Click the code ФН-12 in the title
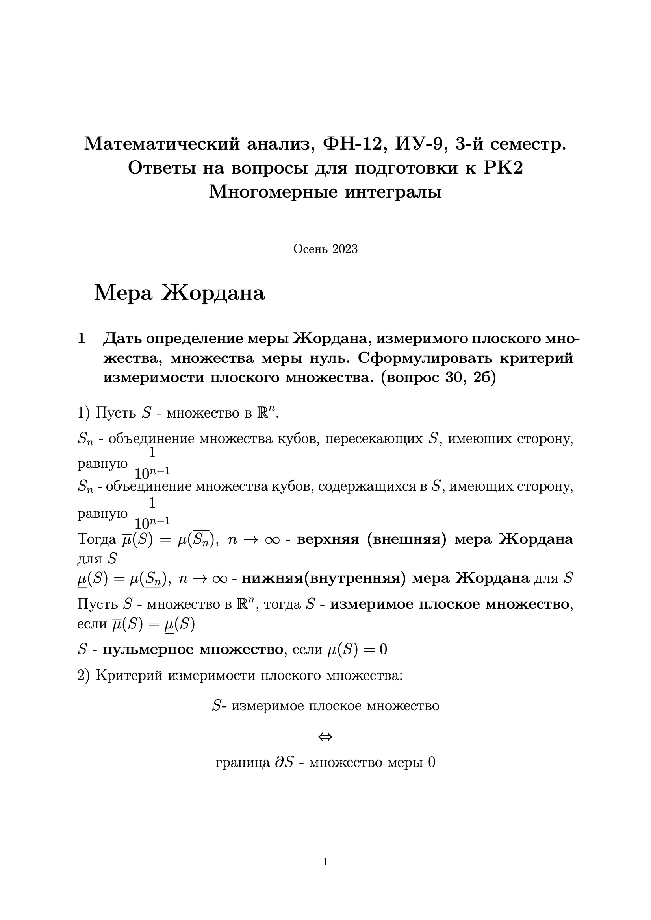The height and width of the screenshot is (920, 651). [352, 144]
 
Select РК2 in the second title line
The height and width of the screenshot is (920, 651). [503, 168]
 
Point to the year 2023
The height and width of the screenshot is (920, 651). [345, 249]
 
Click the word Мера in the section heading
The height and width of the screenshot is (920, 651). [123, 293]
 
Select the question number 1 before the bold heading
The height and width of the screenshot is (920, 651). [81, 338]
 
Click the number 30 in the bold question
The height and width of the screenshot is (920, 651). [454, 377]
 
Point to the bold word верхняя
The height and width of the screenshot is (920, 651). [328, 539]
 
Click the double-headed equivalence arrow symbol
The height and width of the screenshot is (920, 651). [325, 737]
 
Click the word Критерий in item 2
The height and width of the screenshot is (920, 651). [129, 676]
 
